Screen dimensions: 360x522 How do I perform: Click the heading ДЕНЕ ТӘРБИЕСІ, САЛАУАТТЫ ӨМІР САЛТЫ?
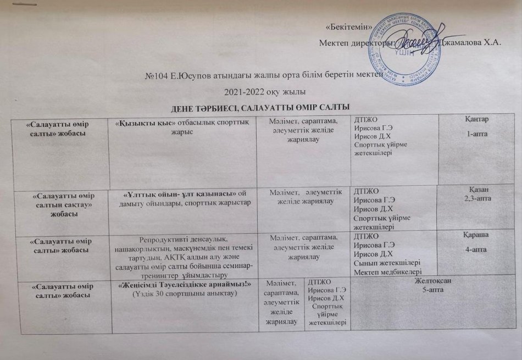click(x=262, y=106)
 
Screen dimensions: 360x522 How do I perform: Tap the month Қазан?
click(x=479, y=190)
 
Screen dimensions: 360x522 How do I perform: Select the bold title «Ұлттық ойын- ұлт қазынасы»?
click(x=180, y=192)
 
